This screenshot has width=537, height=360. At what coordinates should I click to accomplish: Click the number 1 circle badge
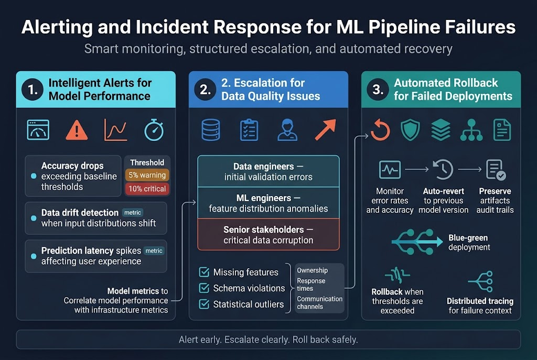pyautogui.click(x=33, y=90)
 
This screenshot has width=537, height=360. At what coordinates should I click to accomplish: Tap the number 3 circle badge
pyautogui.click(x=378, y=90)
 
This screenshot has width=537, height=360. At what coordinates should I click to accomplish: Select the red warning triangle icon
pyautogui.click(x=77, y=129)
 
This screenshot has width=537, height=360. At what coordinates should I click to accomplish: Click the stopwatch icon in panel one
pyautogui.click(x=154, y=129)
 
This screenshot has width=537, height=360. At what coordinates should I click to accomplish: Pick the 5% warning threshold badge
pyautogui.click(x=146, y=175)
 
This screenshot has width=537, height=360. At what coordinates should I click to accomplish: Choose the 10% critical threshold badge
pyautogui.click(x=146, y=189)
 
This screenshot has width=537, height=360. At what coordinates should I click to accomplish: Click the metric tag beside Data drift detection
pyautogui.click(x=132, y=213)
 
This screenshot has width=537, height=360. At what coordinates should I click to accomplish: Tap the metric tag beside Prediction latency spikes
pyautogui.click(x=154, y=251)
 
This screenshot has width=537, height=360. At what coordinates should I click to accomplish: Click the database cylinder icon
pyautogui.click(x=211, y=129)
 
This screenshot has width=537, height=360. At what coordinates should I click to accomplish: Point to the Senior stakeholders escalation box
pyautogui.click(x=268, y=235)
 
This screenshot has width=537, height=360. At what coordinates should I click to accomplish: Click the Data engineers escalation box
pyautogui.click(x=268, y=171)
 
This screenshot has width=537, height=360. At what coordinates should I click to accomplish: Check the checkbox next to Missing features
pyautogui.click(x=204, y=272)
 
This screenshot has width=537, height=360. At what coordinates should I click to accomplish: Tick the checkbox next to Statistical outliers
pyautogui.click(x=204, y=304)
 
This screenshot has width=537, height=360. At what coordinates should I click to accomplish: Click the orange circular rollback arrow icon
pyautogui.click(x=380, y=129)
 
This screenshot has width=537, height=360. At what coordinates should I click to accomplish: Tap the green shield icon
pyautogui.click(x=410, y=129)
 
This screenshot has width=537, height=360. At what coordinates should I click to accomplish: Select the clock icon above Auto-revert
pyautogui.click(x=443, y=169)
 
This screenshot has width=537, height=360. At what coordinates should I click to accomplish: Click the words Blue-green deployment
pyautogui.click(x=469, y=242)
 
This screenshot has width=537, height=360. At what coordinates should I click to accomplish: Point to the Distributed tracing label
pyautogui.click(x=480, y=306)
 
